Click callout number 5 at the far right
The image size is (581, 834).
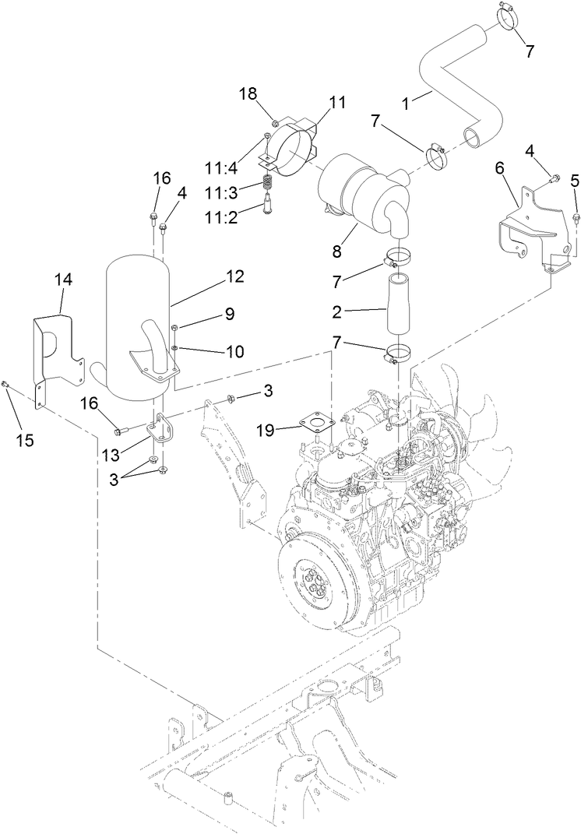pyautogui.click(x=575, y=181)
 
